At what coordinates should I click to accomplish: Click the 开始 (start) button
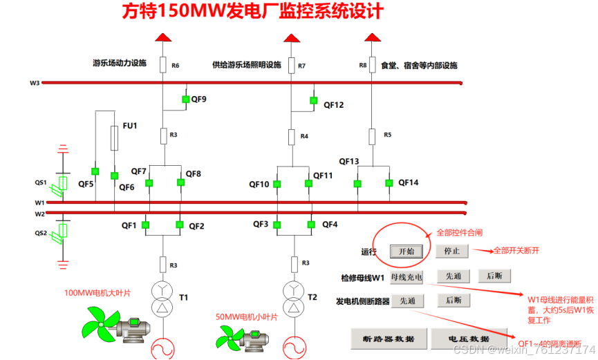406,251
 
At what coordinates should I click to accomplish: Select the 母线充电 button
407,276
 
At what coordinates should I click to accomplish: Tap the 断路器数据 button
389,339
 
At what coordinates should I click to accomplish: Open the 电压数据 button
469,339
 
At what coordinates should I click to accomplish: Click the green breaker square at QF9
185,100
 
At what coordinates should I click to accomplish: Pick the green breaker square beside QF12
313,102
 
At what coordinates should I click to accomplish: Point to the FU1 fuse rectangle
114,138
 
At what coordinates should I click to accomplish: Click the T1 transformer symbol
162,298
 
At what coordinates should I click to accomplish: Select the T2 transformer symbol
292,298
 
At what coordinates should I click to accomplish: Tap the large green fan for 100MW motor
96,324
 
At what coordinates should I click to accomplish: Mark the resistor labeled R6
162,65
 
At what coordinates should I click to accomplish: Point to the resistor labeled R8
372,65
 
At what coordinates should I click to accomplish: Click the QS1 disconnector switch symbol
62,183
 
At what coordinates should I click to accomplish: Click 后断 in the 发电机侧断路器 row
453,301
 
